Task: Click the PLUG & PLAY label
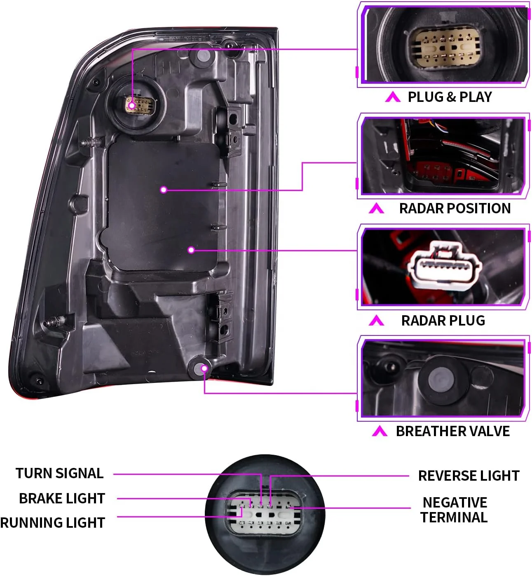pos(450,97)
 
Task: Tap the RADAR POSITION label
pos(455,208)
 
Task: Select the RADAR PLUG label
pos(443,321)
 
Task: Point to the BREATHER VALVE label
pos(452,431)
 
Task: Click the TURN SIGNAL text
pos(59,473)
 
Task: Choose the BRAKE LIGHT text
pos(62,498)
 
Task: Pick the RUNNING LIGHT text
pos(53,523)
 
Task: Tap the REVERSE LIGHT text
pos(469,476)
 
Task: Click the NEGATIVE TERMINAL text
pos(454,510)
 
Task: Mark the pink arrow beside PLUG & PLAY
pos(392,97)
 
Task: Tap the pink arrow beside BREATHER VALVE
pos(379,432)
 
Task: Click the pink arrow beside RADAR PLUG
pos(376,321)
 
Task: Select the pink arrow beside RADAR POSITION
pos(376,209)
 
